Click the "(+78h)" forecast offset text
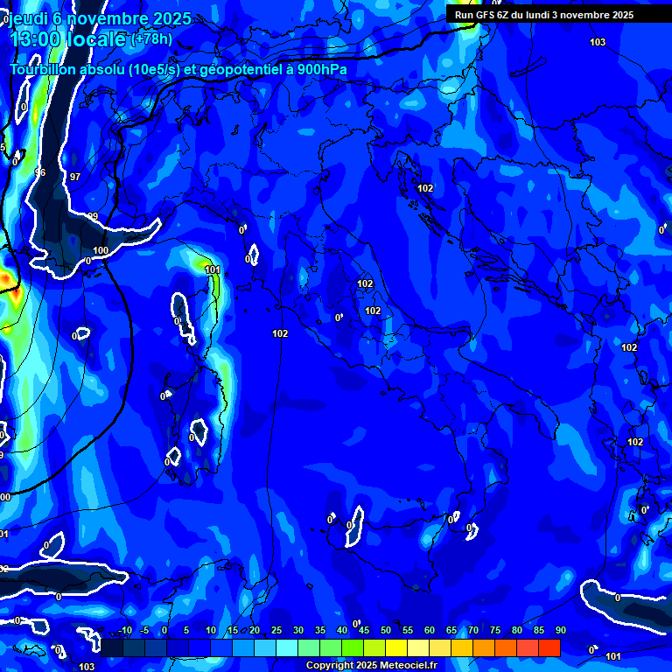point(151,39)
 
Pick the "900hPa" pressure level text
point(323,69)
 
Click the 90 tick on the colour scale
point(560,631)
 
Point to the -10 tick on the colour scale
point(124,631)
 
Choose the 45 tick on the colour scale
point(363,631)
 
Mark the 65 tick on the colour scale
point(451,631)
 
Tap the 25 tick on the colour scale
point(276,631)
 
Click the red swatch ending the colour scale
point(549,647)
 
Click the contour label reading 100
point(101,251)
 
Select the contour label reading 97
point(75,177)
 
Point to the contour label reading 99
point(93,216)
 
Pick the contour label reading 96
point(39,172)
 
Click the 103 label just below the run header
point(598,43)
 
